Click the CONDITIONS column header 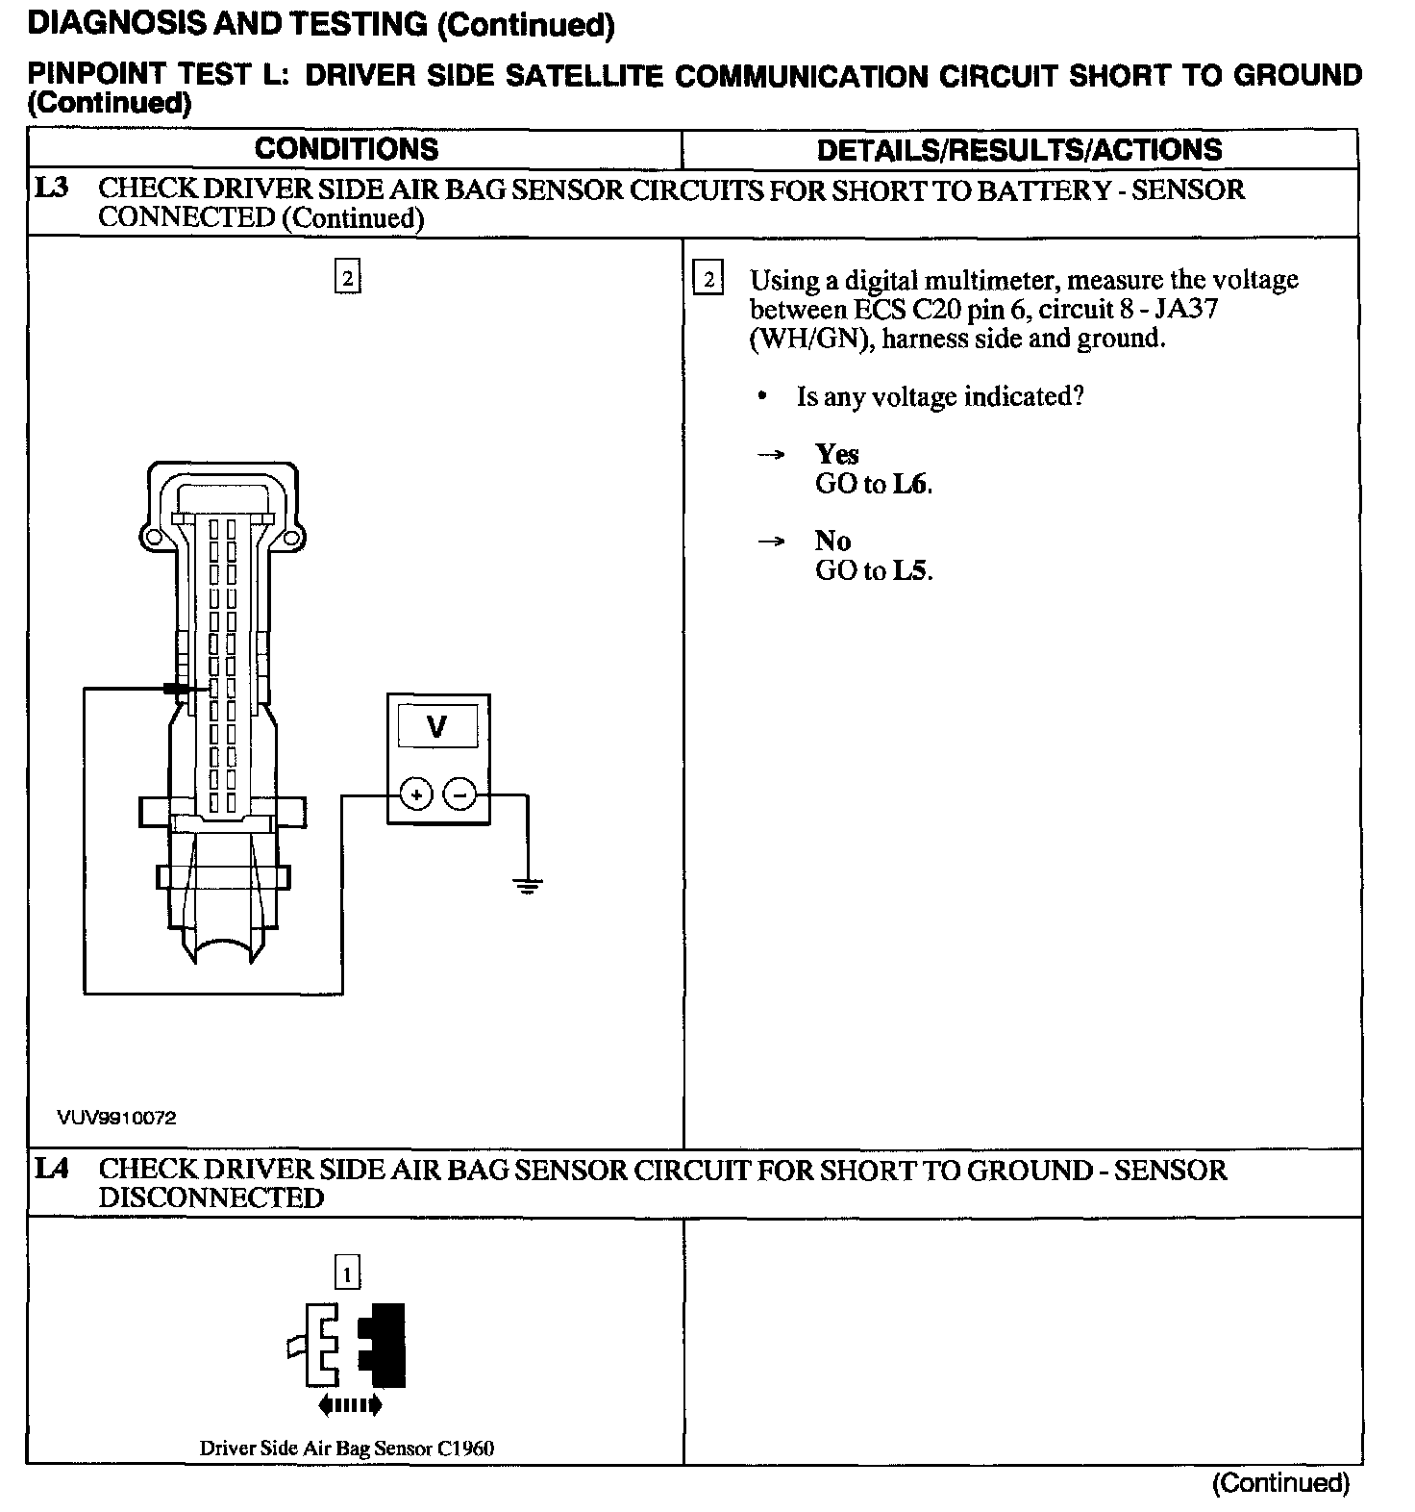[x=346, y=149]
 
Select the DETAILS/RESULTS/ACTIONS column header [x=1019, y=149]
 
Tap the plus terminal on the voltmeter [x=415, y=795]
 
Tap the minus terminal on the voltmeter [x=460, y=795]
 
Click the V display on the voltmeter [x=437, y=726]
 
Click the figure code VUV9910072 [x=116, y=1118]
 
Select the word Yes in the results [x=836, y=454]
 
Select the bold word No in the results [x=832, y=541]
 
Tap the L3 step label [x=52, y=189]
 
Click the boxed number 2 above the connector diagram [x=347, y=279]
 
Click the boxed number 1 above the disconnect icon [x=346, y=1274]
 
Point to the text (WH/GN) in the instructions [x=803, y=339]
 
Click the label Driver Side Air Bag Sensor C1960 [x=347, y=1448]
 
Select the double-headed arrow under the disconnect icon [x=349, y=1405]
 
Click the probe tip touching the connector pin [x=176, y=689]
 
